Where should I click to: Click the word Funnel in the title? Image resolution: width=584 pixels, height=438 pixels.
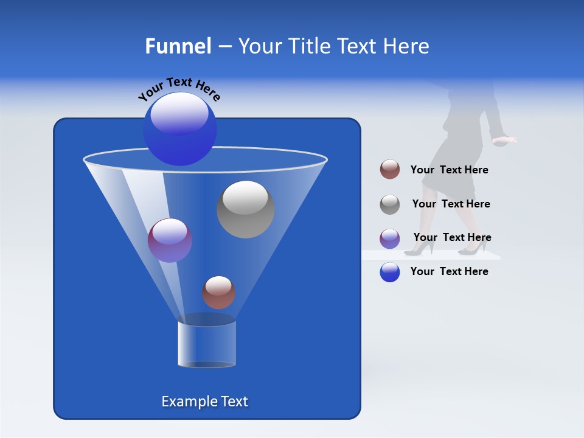tap(178, 46)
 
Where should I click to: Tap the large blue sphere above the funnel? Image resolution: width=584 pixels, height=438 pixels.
tap(179, 129)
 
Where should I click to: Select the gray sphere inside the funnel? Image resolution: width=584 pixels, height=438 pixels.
tap(245, 209)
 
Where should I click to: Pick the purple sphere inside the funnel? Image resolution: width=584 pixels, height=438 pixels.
tap(170, 240)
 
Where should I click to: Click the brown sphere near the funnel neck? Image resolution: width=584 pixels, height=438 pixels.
tap(218, 292)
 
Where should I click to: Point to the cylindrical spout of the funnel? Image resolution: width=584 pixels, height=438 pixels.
tap(206, 344)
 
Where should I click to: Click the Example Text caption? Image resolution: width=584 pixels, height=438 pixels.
tap(204, 401)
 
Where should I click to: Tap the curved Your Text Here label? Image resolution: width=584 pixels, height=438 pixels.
tap(179, 89)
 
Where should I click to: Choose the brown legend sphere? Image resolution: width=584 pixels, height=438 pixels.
tap(390, 169)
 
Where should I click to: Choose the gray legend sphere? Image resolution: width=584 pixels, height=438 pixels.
tap(390, 204)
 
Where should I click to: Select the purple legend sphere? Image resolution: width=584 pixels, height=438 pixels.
tap(390, 238)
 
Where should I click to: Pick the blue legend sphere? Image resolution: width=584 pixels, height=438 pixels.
tap(390, 271)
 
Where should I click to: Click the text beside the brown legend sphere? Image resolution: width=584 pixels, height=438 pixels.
tap(449, 170)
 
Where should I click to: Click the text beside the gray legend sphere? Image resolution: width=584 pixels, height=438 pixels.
tap(451, 204)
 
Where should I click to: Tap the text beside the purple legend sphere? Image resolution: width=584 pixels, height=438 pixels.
tap(452, 238)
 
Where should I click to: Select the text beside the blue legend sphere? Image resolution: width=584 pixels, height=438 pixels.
tap(449, 271)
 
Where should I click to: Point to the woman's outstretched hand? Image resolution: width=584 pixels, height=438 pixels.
tap(504, 141)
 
